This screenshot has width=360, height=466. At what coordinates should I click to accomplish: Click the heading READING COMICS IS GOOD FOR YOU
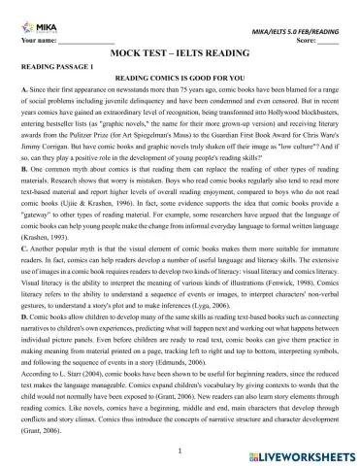(180, 76)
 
